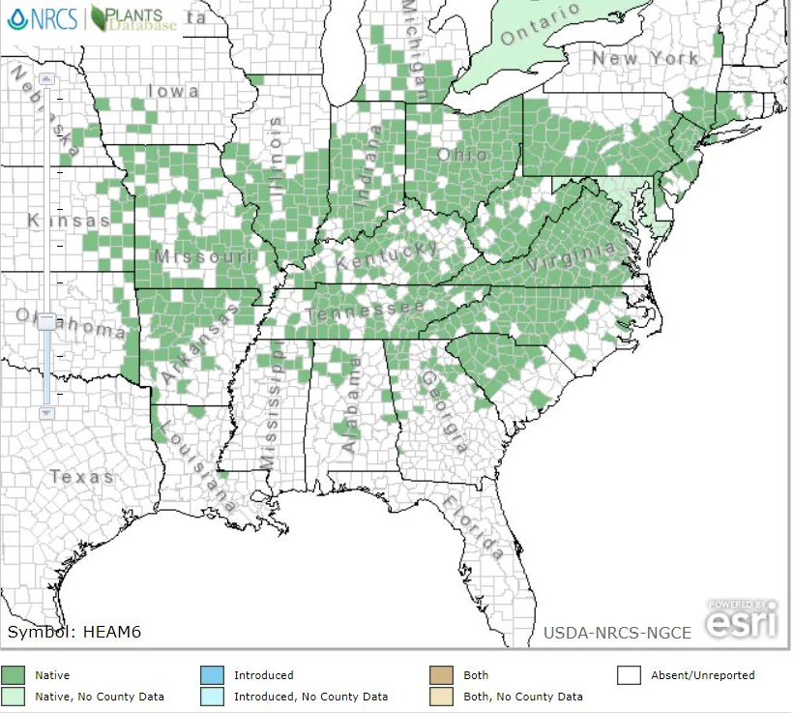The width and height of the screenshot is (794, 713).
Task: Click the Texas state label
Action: [81, 477]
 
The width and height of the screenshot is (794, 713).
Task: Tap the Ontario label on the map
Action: [541, 25]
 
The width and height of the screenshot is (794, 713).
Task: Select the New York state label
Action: [645, 59]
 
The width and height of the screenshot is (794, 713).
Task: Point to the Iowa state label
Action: [174, 92]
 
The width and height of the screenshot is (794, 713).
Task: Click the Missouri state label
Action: [203, 256]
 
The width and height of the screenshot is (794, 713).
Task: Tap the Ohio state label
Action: [462, 155]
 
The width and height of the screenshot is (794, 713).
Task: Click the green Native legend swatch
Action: [15, 675]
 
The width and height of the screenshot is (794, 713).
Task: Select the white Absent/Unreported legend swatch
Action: [630, 675]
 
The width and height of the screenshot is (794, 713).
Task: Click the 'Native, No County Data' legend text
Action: [100, 697]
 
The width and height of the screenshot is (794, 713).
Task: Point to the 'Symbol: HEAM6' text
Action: [74, 632]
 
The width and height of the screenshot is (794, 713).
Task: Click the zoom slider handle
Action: [46, 323]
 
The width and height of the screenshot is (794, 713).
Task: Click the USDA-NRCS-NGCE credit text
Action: [617, 633]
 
